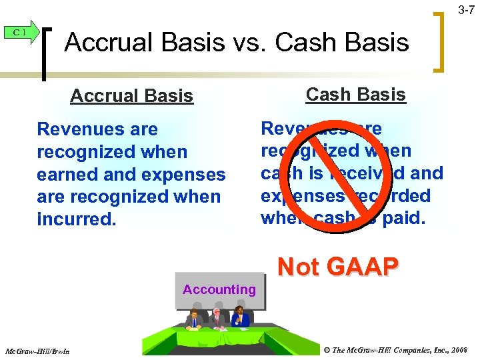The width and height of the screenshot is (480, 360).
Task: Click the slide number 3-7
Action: coord(465,10)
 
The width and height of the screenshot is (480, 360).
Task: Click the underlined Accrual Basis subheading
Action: coord(131,97)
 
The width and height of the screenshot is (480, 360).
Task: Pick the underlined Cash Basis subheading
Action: coord(355,95)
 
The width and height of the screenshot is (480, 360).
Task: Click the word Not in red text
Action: coord(298,267)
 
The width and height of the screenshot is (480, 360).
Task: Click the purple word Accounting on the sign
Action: coord(219,289)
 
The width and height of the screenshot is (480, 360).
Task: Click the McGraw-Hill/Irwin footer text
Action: coord(37,351)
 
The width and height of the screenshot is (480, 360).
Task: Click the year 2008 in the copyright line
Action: coord(460,350)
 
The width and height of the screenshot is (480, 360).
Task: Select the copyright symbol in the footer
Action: coord(327,350)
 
